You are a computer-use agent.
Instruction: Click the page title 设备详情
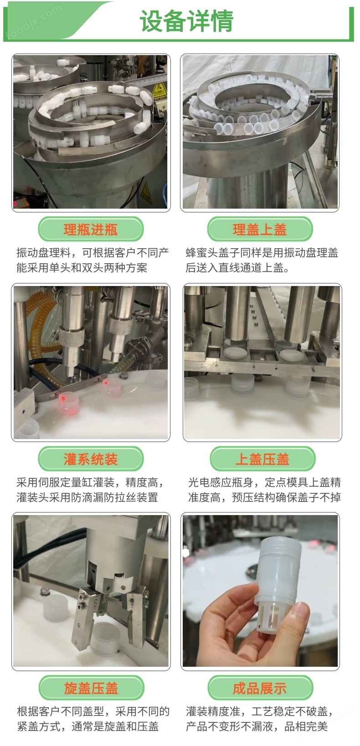[186, 20]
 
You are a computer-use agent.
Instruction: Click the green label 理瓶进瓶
[91, 229]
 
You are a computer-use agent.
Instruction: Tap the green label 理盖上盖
[260, 229]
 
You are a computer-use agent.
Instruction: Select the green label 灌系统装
[91, 459]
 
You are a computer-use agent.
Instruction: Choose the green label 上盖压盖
[262, 459]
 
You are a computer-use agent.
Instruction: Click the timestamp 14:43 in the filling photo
[159, 288]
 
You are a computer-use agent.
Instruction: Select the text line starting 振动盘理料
[93, 253]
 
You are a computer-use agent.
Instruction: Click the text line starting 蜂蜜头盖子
[262, 253]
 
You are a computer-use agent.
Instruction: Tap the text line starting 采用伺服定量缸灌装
[90, 482]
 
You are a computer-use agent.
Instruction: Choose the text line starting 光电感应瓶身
[264, 482]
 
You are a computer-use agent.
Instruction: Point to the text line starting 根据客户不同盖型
[93, 711]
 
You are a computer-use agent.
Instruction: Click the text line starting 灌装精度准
[259, 711]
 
